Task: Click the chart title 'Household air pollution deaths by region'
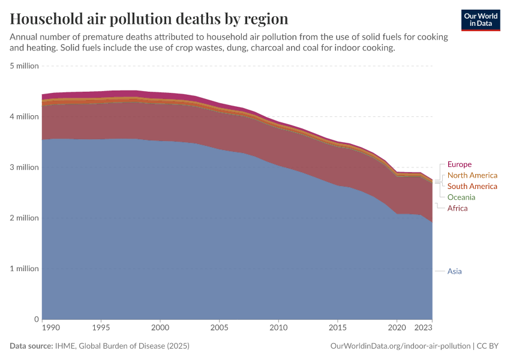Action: click(149, 19)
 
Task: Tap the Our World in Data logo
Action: click(480, 20)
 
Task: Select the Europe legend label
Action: click(459, 164)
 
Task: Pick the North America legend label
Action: click(472, 175)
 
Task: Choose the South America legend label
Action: click(472, 186)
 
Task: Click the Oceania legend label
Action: click(461, 197)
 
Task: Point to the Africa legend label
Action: click(457, 208)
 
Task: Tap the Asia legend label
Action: click(454, 271)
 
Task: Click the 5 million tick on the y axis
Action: click(25, 66)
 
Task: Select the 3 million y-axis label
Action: click(25, 167)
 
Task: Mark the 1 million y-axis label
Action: click(25, 269)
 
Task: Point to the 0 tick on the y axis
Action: click(37, 319)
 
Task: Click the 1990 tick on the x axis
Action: click(51, 328)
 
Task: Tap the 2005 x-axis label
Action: click(219, 328)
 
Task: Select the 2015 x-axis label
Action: click(338, 328)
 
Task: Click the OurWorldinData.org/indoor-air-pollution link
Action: click(400, 346)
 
